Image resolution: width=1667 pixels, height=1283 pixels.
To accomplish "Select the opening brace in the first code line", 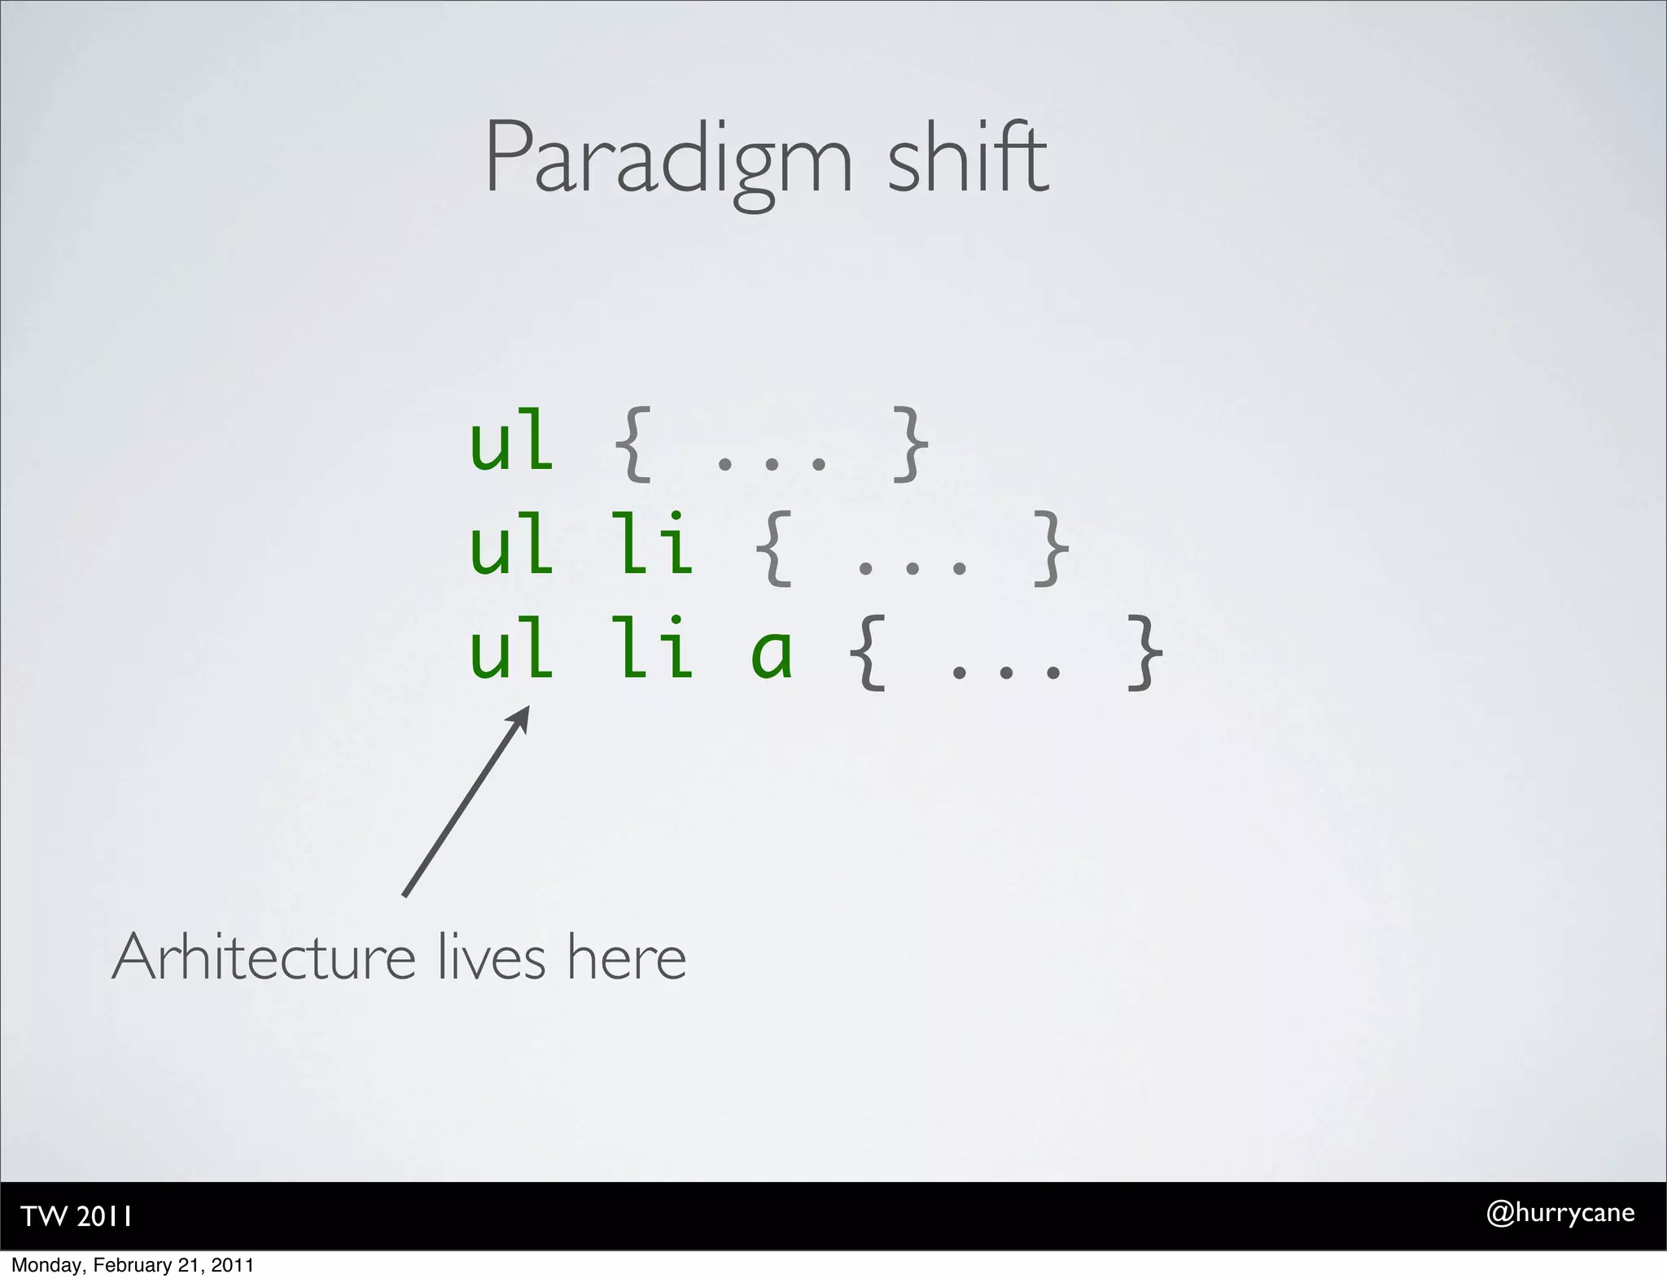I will coord(632,444).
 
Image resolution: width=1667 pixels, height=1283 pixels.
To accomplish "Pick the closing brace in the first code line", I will coord(910,444).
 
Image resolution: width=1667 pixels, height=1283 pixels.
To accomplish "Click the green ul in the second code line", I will coord(511,545).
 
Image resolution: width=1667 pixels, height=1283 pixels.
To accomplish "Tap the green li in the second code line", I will coord(652,545).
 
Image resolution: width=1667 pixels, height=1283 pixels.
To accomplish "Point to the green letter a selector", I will coord(771,656).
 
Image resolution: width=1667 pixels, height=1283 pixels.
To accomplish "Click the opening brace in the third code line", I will coord(867,654).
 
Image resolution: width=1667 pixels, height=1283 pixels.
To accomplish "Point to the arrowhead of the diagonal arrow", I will coord(521,716).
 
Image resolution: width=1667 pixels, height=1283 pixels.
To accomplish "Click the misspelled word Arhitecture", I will coord(264,957).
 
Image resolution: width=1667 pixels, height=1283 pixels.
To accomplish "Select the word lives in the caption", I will coord(491,957).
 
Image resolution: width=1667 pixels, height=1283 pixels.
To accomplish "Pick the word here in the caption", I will coord(627,959).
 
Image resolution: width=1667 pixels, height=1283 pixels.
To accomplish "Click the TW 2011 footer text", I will coord(77,1216).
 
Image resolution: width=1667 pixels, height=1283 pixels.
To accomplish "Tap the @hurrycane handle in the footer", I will coord(1560,1213).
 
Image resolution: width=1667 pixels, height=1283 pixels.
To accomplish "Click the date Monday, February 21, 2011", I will coord(133,1265).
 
